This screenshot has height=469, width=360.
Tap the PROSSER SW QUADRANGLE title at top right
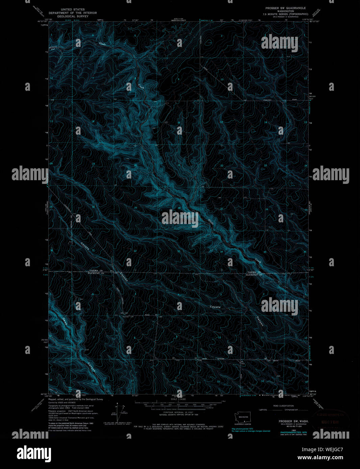pyautogui.click(x=285, y=8)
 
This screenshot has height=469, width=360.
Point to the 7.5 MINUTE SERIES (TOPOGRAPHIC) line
pyautogui.click(x=287, y=14)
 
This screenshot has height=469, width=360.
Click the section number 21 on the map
pyautogui.click(x=179, y=165)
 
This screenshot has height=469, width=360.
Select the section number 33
pyautogui.click(x=179, y=251)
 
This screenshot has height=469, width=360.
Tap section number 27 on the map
pyautogui.click(x=222, y=209)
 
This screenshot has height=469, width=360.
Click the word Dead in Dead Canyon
pyautogui.click(x=65, y=322)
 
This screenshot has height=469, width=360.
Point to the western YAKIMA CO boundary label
pyautogui.click(x=96, y=271)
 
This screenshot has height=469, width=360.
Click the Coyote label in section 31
pyautogui.click(x=85, y=246)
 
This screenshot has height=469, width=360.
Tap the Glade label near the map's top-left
pyautogui.click(x=102, y=44)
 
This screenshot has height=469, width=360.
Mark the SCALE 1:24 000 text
pyautogui.click(x=178, y=399)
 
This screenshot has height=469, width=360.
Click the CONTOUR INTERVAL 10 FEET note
pyautogui.click(x=178, y=412)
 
